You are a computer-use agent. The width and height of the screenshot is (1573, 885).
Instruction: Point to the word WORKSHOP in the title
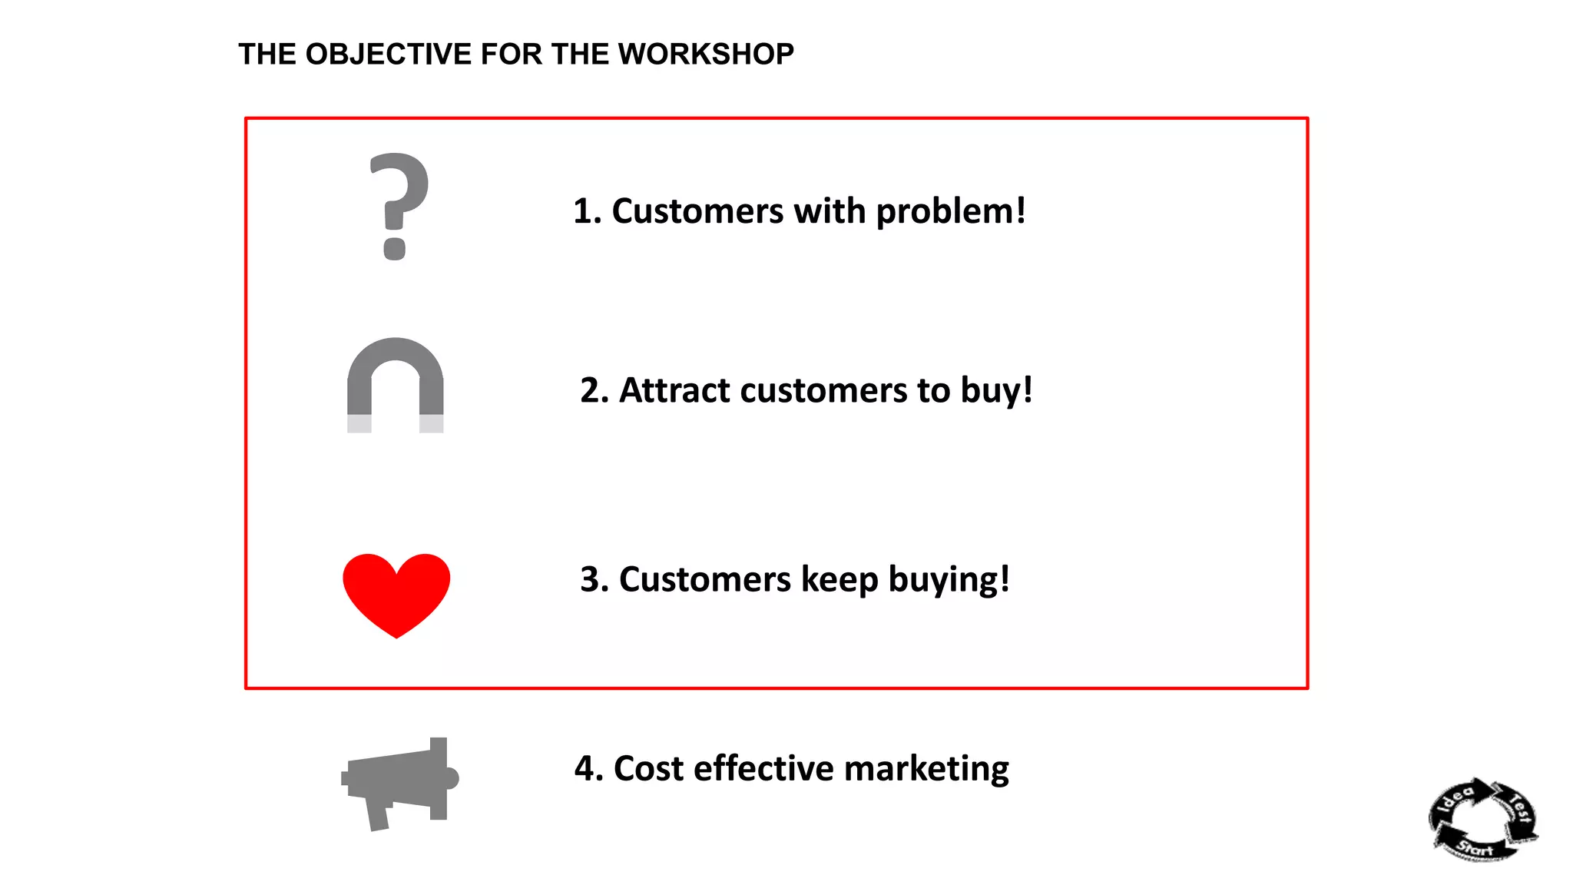click(x=706, y=55)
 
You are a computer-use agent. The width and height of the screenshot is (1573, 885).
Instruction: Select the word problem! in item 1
click(x=951, y=212)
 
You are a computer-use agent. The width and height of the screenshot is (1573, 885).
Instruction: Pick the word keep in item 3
click(x=839, y=581)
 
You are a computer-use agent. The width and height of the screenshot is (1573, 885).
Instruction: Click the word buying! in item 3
click(x=949, y=581)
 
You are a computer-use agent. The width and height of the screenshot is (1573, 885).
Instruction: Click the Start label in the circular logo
click(x=1475, y=849)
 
